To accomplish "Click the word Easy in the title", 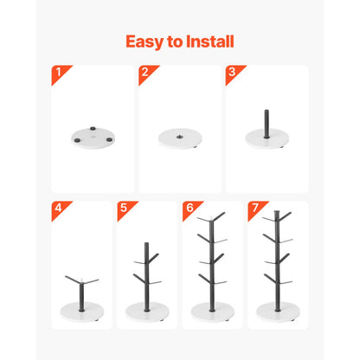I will pos(145,42).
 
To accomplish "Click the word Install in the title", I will pos(212,42).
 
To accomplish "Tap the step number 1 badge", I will pos(57,71).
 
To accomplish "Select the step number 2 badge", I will pos(145,71).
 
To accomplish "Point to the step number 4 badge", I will pos(57,208).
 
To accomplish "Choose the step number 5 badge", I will pos(123,208).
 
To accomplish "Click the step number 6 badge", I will pos(188,208).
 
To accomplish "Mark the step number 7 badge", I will pos(254,208).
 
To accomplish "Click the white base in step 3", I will pos(267,138).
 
